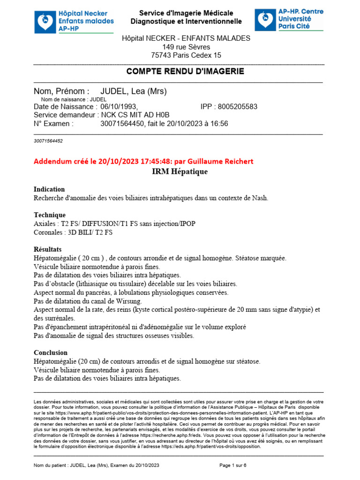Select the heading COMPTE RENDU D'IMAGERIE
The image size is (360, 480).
click(x=185, y=71)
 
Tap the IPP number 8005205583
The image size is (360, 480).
click(x=239, y=107)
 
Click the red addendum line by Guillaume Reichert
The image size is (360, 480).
click(x=143, y=161)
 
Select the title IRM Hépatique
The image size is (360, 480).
click(x=180, y=172)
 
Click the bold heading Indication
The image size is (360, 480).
click(x=49, y=189)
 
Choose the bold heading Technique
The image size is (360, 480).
click(x=50, y=215)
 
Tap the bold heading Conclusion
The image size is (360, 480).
click(x=51, y=352)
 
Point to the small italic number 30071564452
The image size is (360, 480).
click(x=48, y=141)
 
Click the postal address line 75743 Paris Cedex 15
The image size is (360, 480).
click(x=186, y=55)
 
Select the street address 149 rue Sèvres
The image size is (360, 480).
click(x=186, y=47)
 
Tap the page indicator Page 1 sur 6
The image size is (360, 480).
click(x=233, y=465)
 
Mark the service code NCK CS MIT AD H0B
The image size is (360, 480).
click(x=135, y=115)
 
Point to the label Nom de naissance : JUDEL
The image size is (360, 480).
click(x=74, y=99)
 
